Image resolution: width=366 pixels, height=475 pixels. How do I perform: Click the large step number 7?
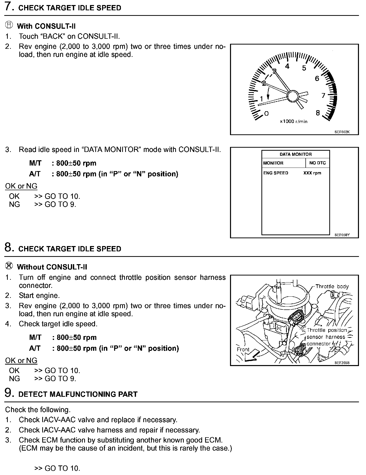9,7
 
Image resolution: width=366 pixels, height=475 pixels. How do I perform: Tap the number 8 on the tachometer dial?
318,113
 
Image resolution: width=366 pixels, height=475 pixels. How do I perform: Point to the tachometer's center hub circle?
292,96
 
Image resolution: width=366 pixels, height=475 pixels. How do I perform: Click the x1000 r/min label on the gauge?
294,122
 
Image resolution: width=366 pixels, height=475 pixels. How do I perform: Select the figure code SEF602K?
342,132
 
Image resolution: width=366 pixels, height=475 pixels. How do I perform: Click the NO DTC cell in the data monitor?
317,163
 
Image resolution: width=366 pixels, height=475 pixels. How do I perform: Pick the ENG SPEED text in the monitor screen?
276,173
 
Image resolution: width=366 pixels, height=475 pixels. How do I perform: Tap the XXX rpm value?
312,173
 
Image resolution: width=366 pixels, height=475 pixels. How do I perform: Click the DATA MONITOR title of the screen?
296,154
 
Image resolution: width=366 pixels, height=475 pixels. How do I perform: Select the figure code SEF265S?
342,363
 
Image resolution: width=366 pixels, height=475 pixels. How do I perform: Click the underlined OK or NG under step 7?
21,186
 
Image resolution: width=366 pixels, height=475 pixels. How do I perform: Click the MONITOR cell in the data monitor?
273,163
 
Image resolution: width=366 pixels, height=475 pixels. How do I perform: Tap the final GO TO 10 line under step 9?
57,468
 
